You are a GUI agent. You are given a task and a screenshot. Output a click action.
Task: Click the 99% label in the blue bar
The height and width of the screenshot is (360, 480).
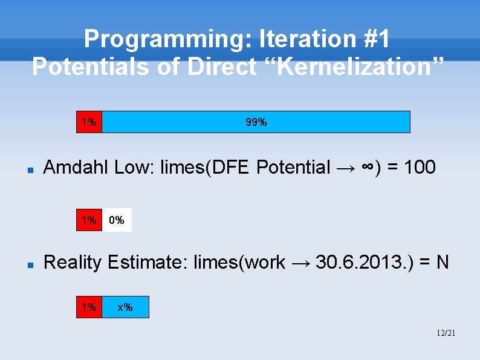[256, 122]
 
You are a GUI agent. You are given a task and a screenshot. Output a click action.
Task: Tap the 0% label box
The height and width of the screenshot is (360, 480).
[117, 220]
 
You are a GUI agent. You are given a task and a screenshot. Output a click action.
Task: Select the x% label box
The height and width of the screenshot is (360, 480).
[125, 307]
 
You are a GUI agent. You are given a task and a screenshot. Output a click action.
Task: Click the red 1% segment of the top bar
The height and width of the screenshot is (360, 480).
[89, 122]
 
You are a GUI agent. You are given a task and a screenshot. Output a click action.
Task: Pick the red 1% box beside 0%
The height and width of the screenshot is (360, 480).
[89, 220]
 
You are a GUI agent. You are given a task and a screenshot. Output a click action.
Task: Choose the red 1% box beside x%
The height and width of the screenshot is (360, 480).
[89, 307]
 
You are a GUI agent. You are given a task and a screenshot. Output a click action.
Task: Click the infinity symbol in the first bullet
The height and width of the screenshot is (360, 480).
[368, 168]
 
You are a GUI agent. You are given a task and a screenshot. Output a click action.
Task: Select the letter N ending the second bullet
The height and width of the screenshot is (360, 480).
[443, 262]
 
